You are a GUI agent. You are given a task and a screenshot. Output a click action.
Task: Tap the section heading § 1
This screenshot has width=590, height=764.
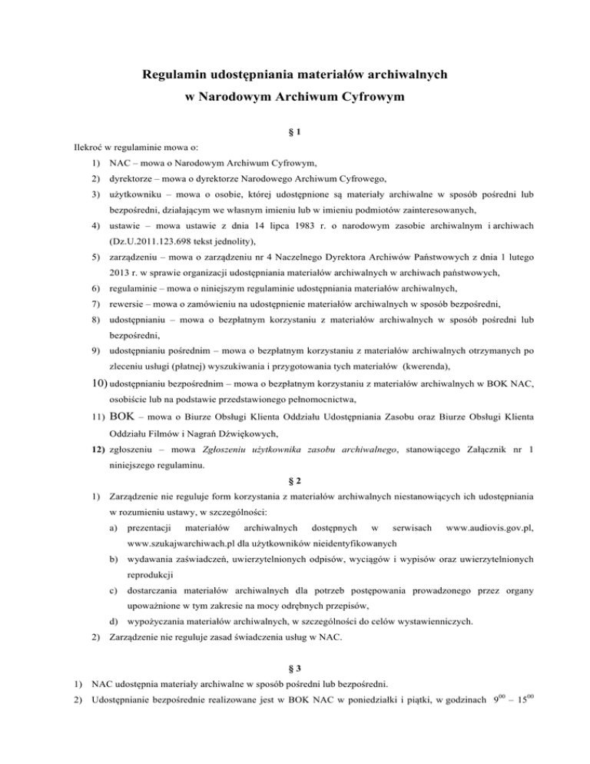pos(294,132)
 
